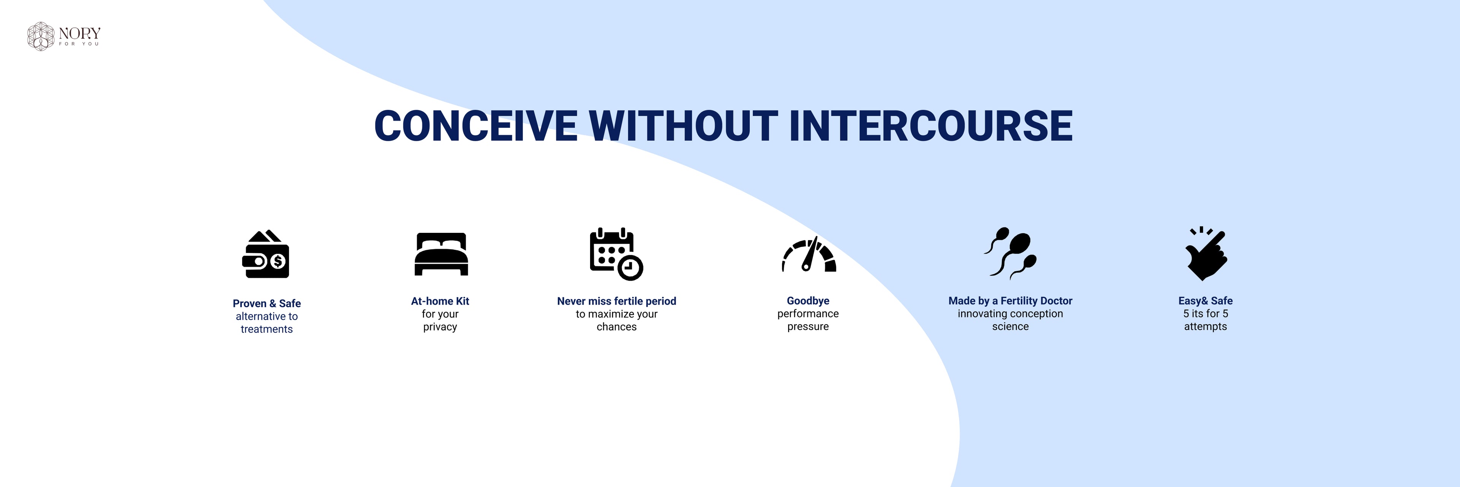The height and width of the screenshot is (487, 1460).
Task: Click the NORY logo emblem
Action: (x=41, y=36)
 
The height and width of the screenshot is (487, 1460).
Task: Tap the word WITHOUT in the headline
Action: (x=684, y=126)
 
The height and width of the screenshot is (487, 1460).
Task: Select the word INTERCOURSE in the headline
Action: (x=931, y=126)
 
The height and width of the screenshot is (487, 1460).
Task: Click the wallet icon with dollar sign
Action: (x=266, y=254)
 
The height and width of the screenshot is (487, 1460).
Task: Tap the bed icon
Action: (x=441, y=254)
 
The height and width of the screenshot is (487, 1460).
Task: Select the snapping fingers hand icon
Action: (x=1206, y=254)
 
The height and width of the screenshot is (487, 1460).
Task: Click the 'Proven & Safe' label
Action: (x=267, y=303)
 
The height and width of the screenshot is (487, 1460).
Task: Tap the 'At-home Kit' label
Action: (x=440, y=301)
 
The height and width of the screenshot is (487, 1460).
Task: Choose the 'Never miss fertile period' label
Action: (x=617, y=301)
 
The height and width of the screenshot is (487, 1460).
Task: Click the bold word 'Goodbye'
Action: (x=808, y=301)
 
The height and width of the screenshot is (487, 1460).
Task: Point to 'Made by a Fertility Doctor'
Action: (x=1011, y=301)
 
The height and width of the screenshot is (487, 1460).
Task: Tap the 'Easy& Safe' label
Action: (x=1206, y=301)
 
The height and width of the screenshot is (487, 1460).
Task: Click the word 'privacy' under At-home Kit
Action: (x=440, y=327)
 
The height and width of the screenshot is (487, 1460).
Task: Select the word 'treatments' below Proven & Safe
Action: (x=267, y=329)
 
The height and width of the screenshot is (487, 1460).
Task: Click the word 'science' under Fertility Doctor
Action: (x=1011, y=326)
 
